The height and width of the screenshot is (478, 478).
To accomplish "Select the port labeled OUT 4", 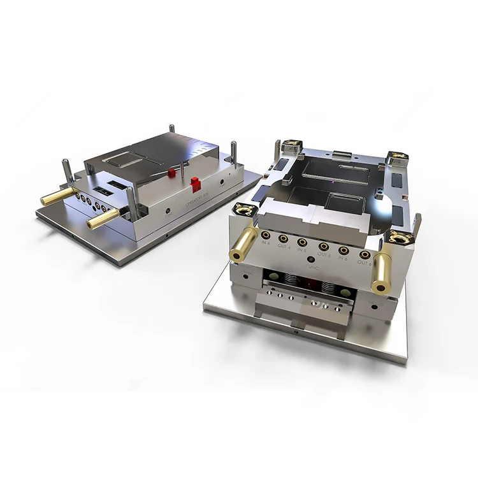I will pyautogui.click(x=284, y=240).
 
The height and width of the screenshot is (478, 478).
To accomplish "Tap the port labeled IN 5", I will pyautogui.click(x=303, y=243).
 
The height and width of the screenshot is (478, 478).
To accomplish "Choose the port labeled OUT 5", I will pyautogui.click(x=324, y=246).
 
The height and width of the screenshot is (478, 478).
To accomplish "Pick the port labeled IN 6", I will pyautogui.click(x=343, y=250).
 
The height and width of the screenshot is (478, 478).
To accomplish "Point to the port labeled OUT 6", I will pyautogui.click(x=364, y=254).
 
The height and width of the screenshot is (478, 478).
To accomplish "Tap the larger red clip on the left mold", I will pyautogui.click(x=196, y=185).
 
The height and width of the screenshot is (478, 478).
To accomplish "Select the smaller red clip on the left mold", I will pyautogui.click(x=171, y=173).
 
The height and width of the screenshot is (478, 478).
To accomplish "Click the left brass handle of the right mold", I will pyautogui.click(x=244, y=244).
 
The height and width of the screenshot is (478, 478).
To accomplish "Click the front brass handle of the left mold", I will pyautogui.click(x=102, y=218).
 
